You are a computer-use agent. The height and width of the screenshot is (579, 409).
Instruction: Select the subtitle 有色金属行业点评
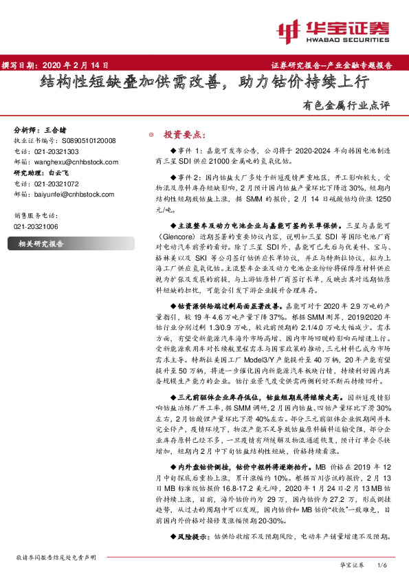pos(355,106)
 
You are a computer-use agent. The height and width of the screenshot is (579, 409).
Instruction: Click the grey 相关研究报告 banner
pos(41,243)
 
